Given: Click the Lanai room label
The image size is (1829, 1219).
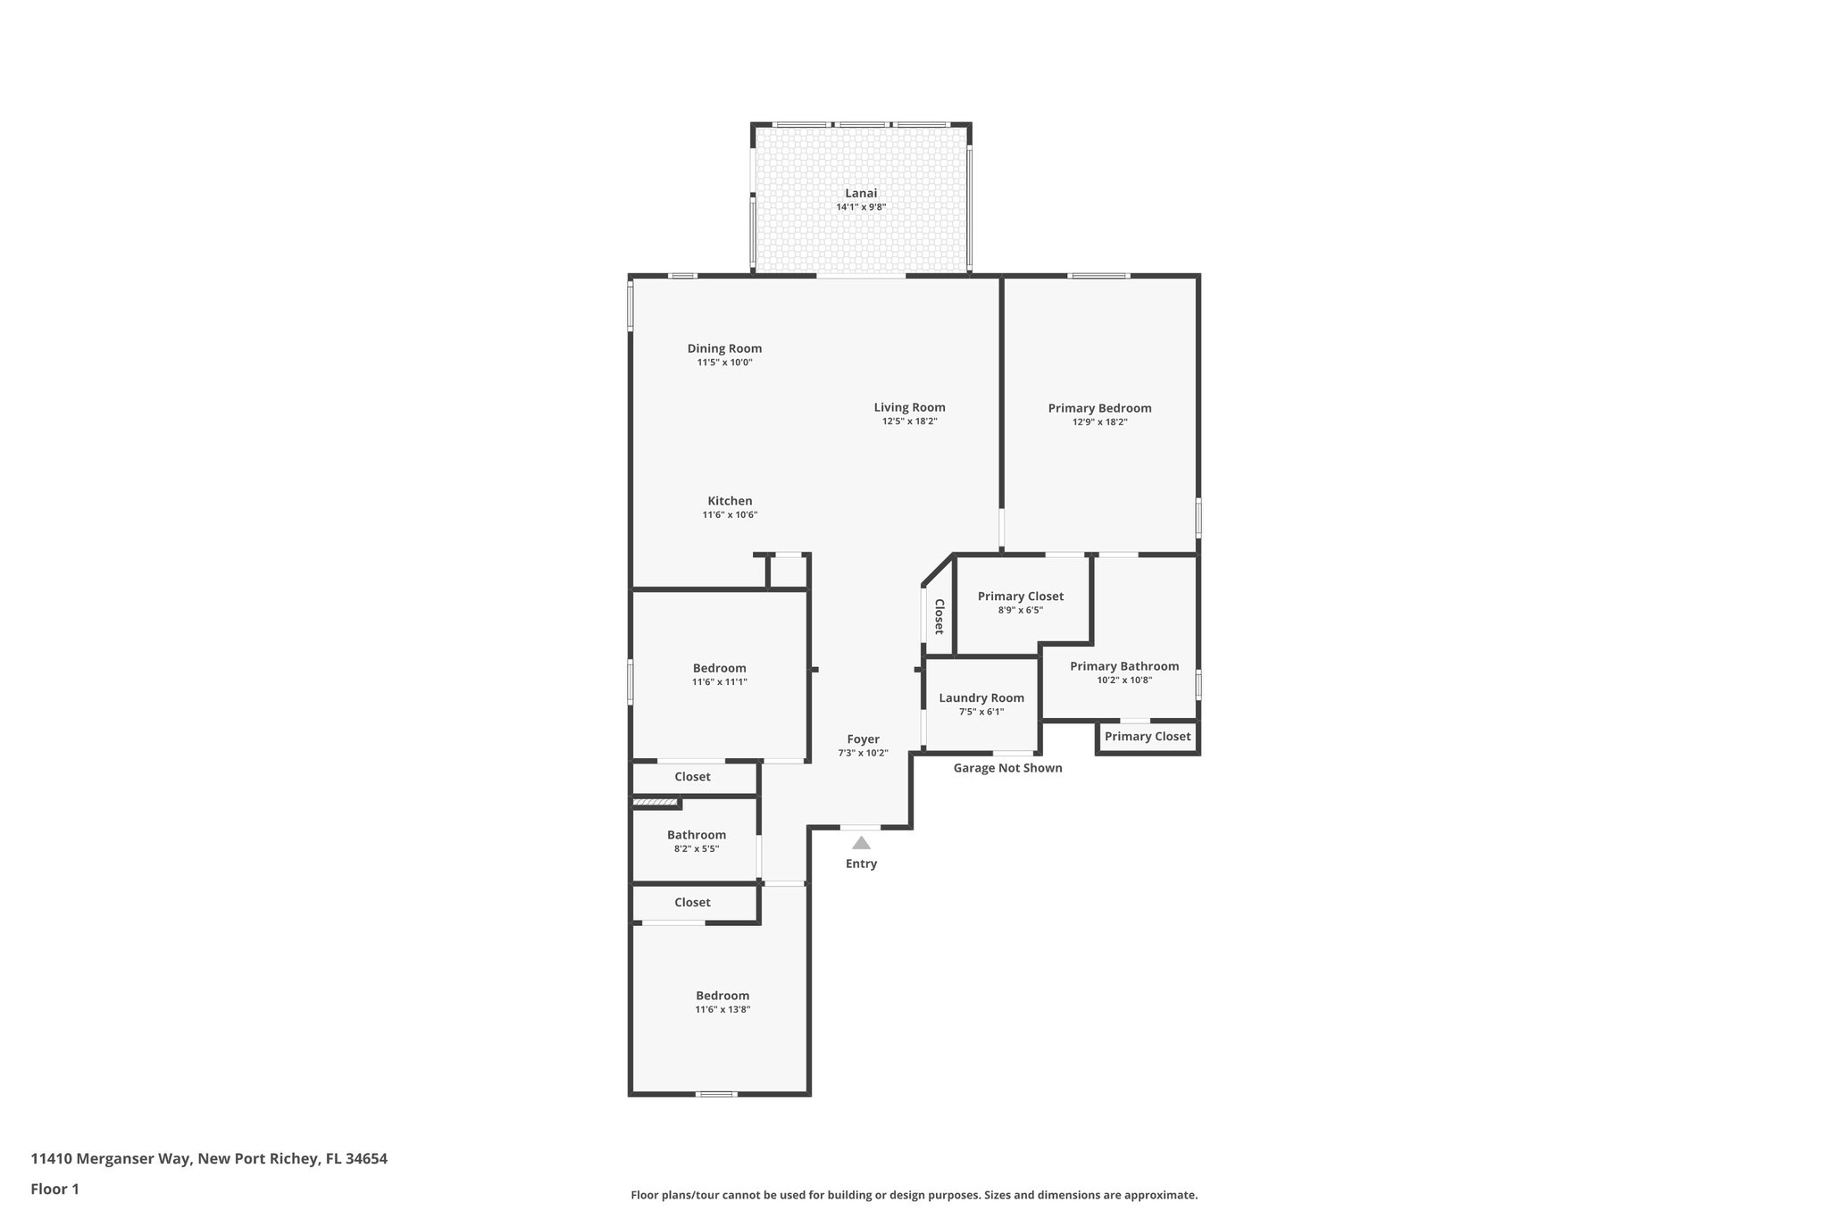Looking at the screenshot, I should [861, 193].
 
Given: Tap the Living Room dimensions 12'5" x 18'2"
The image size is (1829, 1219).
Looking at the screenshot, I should [909, 422].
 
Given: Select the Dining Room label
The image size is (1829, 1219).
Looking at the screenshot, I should [724, 348].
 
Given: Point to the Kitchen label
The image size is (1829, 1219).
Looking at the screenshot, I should [730, 501].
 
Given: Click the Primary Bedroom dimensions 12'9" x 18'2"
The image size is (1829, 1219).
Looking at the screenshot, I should [1099, 422].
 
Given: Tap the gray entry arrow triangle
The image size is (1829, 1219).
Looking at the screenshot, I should [861, 843].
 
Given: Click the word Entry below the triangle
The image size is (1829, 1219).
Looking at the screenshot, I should [861, 864].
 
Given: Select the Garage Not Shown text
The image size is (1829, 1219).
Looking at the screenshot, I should [1007, 768].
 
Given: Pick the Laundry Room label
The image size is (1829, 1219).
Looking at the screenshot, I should [981, 697].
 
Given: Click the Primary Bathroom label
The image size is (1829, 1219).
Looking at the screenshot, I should [1123, 666].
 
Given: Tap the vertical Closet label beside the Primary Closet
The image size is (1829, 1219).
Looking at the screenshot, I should [940, 616].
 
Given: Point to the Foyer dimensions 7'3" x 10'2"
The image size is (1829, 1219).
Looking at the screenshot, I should [863, 753].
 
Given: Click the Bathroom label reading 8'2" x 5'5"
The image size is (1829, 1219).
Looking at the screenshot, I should [696, 835].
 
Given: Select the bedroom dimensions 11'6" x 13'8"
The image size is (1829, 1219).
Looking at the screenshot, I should [722, 1010].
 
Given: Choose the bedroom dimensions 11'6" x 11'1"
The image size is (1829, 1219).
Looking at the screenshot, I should [719, 682].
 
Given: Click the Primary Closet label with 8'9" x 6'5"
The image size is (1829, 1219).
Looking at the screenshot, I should [1020, 597].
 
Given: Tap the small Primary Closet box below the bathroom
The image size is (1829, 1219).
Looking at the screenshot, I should [1147, 737].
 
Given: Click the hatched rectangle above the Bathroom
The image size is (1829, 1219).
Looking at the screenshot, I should [655, 804].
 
